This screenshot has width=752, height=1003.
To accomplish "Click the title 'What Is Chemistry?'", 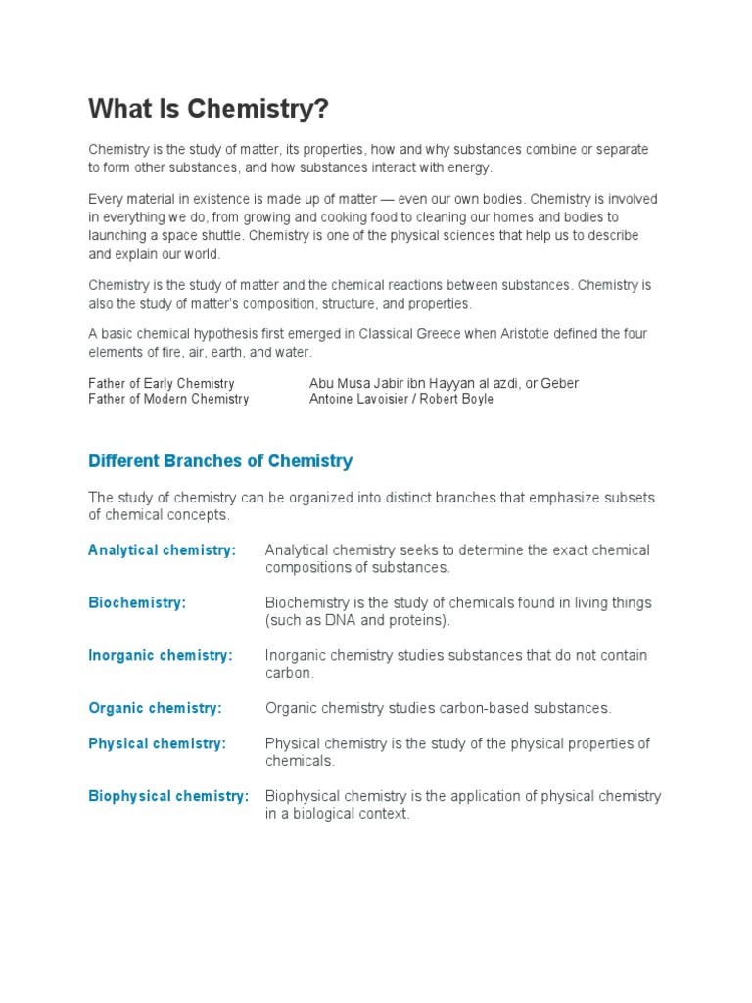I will [x=208, y=110].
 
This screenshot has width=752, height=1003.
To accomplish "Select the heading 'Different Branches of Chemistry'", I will [x=220, y=460].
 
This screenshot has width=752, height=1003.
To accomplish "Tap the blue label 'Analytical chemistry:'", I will [x=162, y=550].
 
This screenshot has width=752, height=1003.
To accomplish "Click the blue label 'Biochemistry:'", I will [x=137, y=603].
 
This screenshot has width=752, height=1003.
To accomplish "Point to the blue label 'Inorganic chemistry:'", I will [x=161, y=655].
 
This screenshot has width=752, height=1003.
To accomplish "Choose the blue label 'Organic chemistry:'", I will [x=155, y=708].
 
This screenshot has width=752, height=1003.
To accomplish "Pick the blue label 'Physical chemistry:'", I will [x=157, y=743].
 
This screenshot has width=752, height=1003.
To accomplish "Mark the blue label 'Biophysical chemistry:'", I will [x=168, y=796].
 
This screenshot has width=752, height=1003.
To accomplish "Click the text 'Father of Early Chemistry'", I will [x=162, y=383].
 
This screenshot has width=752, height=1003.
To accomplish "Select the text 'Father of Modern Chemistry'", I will [x=168, y=399].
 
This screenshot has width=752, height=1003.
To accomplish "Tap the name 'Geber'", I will [x=559, y=383].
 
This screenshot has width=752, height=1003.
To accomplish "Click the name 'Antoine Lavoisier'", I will [x=359, y=399].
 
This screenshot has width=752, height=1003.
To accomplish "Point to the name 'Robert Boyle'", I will [x=456, y=399].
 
